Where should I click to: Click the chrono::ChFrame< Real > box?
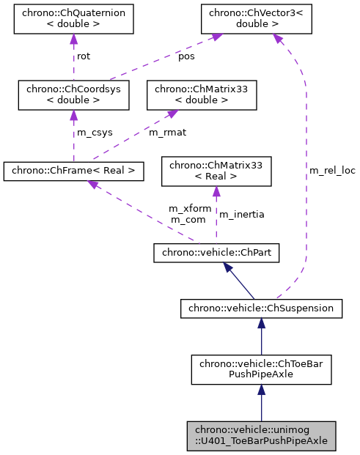[73, 171]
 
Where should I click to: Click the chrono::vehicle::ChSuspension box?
[261, 308]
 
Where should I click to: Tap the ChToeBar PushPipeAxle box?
[261, 370]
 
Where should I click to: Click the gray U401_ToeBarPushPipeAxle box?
[261, 435]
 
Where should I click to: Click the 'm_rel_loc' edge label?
[332, 171]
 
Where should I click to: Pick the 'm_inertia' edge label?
[241, 214]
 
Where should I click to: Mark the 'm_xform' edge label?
[190, 209]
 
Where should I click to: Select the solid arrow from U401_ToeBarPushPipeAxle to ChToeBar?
[261, 404]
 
